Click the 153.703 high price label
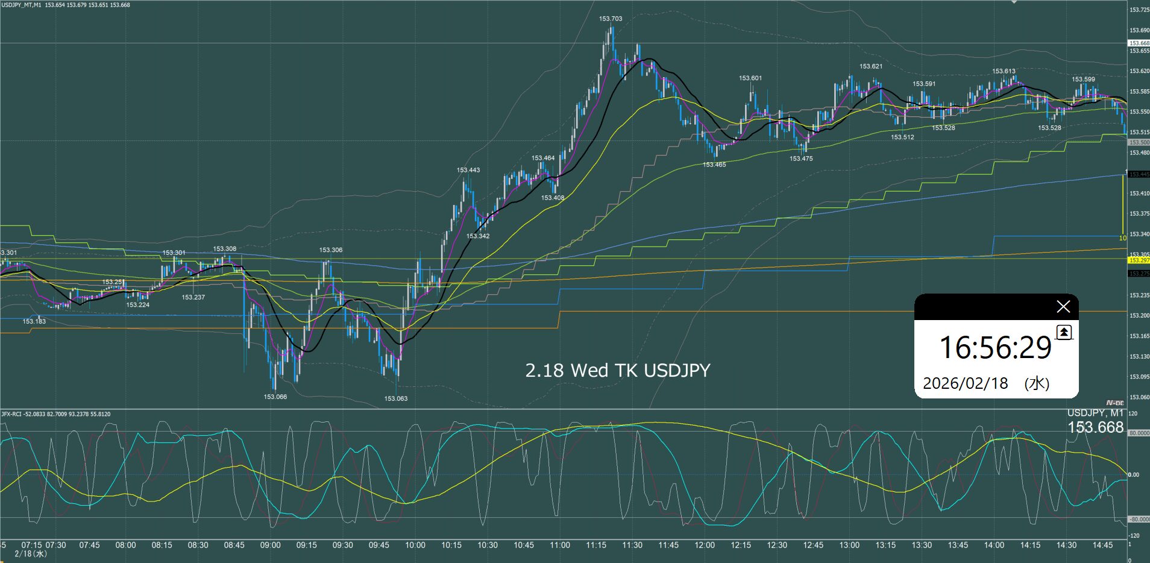click(611, 19)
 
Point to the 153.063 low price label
click(396, 398)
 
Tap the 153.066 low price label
click(275, 397)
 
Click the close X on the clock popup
click(1063, 307)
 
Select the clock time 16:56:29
click(995, 348)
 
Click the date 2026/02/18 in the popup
click(965, 383)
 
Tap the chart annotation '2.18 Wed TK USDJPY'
click(618, 370)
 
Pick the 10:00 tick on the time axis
click(415, 545)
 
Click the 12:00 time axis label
click(705, 545)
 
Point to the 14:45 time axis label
click(1102, 545)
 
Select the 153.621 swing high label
click(871, 66)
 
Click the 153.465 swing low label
click(714, 165)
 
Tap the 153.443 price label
click(468, 170)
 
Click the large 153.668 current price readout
click(1095, 427)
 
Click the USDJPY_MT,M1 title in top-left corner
click(21, 5)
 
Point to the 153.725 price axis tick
click(1139, 10)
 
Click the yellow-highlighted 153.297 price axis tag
click(1139, 260)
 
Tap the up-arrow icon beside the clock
click(1064, 332)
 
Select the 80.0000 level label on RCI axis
click(1139, 433)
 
